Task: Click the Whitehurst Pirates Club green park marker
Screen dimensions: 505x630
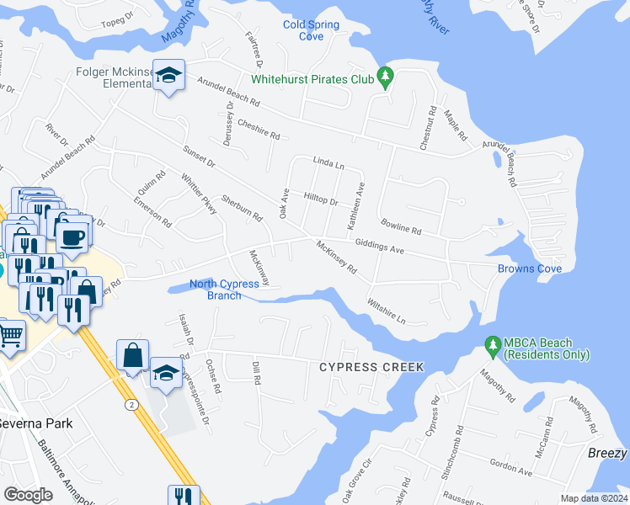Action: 386,77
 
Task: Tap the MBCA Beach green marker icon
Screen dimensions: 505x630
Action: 493,345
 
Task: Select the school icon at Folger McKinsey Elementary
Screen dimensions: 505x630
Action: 168,77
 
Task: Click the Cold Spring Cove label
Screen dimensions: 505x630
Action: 311,30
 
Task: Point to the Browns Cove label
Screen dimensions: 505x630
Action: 530,268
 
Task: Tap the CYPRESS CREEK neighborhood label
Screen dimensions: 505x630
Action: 371,367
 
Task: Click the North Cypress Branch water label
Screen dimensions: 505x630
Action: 224,290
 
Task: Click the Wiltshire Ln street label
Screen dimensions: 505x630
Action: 387,309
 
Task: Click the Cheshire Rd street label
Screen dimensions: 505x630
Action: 258,132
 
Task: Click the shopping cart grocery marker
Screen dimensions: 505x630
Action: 10,335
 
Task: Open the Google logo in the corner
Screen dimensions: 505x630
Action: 28,494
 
